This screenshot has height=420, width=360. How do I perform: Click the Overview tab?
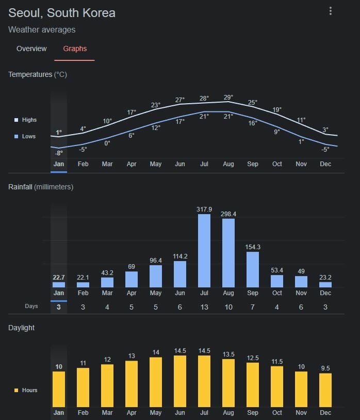(x=31, y=49)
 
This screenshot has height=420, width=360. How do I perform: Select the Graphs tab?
(x=75, y=49)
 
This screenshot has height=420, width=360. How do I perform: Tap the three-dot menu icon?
(x=331, y=11)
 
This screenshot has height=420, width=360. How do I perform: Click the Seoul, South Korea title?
(x=62, y=13)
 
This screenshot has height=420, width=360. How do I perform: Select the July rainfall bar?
(x=204, y=251)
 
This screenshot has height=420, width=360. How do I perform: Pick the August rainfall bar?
(x=228, y=253)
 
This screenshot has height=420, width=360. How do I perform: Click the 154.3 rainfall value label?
(x=253, y=247)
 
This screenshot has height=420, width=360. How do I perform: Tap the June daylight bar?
(x=180, y=381)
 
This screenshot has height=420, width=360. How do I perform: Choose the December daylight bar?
(x=325, y=390)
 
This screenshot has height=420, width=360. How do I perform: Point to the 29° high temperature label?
(x=228, y=97)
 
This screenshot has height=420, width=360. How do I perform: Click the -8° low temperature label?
(x=59, y=153)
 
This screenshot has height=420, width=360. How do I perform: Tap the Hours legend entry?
(x=29, y=390)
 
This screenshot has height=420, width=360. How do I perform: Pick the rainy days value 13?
(x=204, y=307)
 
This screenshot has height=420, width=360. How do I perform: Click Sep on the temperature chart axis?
(x=253, y=164)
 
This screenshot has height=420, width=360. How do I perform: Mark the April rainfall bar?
(x=132, y=279)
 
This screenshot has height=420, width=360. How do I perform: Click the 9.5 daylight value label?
(x=325, y=368)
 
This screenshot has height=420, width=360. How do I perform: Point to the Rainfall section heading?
(x=40, y=187)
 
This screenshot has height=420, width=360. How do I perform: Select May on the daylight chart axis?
(x=156, y=413)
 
